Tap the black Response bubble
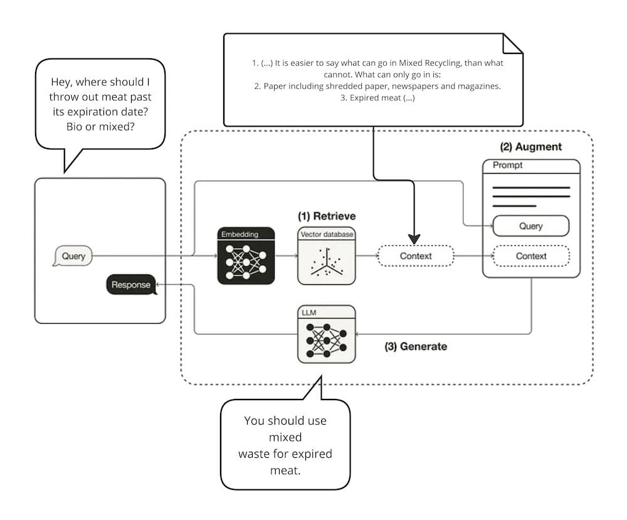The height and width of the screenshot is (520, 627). pos(131,285)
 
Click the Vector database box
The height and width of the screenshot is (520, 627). pos(326,257)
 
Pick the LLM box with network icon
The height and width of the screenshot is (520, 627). pos(326,334)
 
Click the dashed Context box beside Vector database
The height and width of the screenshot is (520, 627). pos(414,256)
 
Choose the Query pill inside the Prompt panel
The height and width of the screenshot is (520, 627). pos(531,226)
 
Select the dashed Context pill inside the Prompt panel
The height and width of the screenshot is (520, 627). pos(531,256)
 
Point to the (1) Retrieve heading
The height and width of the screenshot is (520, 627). pos(327,216)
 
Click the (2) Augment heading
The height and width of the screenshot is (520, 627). pos(531,147)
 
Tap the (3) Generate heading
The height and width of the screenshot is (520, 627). pos(416,346)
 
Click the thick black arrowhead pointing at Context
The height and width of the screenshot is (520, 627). pos(414,239)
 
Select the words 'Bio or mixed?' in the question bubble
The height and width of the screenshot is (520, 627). pos(101,126)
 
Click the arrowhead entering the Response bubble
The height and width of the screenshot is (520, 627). pos(159,285)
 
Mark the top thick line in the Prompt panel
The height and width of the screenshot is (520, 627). pos(531,188)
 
